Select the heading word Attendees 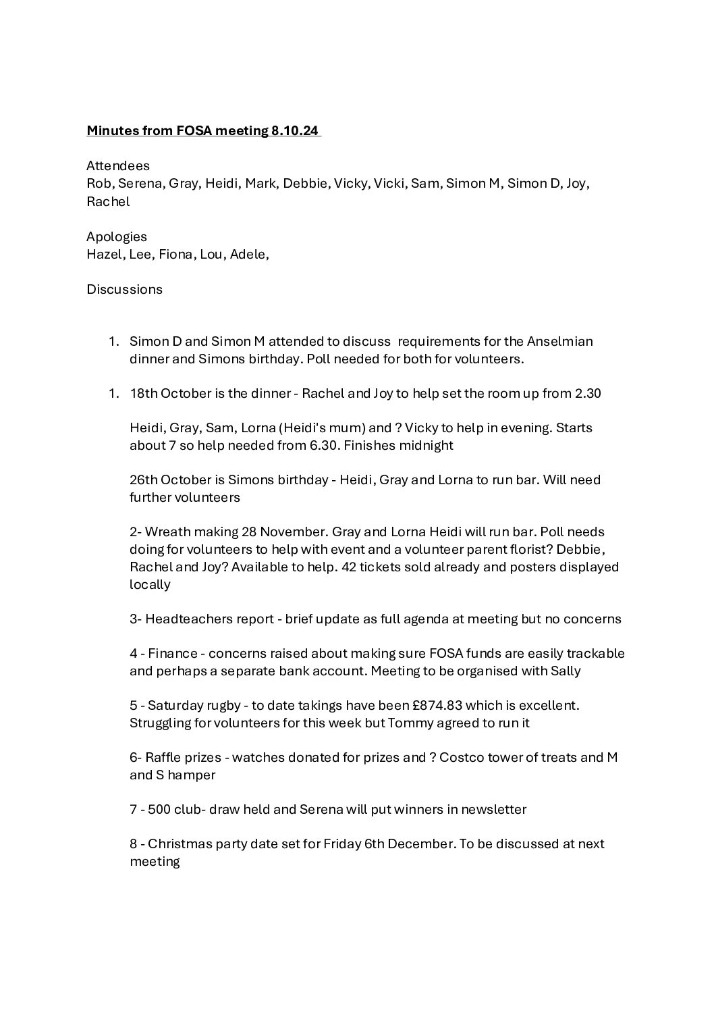pos(118,165)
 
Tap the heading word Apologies pos(117,236)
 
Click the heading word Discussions pos(124,289)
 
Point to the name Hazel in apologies pos(101,254)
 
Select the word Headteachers pos(188,619)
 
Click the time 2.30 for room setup pos(588,393)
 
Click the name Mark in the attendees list pos(260,183)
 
